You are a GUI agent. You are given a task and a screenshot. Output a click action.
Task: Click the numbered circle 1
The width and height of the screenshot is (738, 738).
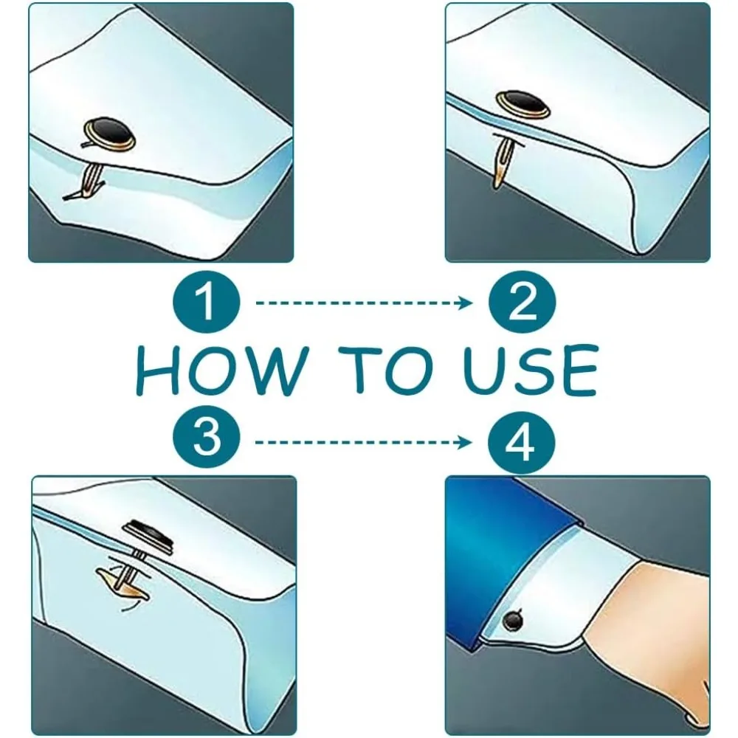pos(206,302)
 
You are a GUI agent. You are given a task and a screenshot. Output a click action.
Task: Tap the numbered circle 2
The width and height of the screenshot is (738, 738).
pos(522,302)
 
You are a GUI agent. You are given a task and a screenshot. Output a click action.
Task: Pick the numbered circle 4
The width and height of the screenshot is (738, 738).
pos(521,442)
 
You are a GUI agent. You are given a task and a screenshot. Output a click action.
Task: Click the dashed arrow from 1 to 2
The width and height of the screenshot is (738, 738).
pos(364,303)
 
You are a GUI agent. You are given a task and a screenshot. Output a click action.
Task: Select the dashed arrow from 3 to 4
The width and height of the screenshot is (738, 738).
pos(364,442)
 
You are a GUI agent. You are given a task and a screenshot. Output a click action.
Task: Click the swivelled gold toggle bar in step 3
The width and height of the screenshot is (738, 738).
pos(123,584)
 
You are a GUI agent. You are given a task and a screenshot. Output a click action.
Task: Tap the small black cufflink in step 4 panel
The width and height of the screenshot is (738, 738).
pos(513,621)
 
